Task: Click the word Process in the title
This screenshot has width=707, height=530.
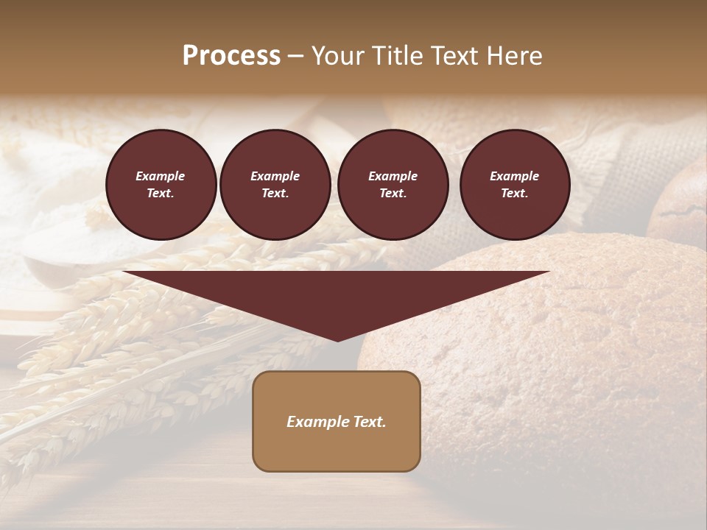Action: tap(231, 56)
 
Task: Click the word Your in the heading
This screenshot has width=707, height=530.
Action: tap(337, 56)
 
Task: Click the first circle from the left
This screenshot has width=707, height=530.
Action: tap(161, 185)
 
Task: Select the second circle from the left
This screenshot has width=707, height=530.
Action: tap(275, 185)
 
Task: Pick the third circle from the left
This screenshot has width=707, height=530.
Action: tap(393, 185)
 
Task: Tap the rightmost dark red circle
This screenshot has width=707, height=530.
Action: tap(514, 185)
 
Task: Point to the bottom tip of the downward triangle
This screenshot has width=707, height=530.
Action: tap(337, 340)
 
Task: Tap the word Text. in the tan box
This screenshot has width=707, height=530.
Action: tap(370, 422)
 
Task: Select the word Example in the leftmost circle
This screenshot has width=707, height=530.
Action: tap(161, 176)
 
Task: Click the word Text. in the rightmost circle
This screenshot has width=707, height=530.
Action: tap(514, 194)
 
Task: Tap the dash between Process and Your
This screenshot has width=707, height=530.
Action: tap(295, 56)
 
